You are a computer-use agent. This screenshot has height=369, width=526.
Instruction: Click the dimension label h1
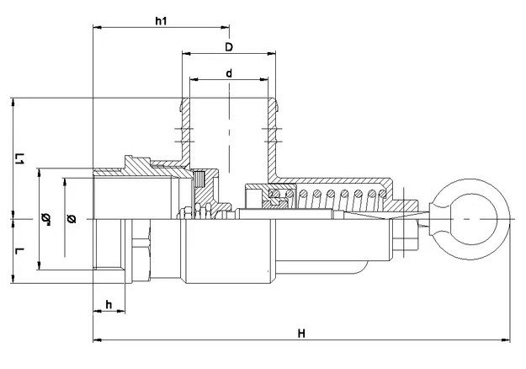161,21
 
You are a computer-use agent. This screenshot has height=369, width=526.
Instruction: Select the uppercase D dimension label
229,47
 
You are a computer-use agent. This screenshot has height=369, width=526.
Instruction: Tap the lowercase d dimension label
229,72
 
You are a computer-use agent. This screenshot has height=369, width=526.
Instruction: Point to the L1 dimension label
20,158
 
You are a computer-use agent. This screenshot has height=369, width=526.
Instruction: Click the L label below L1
20,251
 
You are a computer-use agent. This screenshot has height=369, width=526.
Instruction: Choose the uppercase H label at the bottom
301,334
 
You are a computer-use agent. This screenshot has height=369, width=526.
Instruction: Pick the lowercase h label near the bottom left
109,304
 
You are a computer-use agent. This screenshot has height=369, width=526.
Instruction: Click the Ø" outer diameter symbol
45,219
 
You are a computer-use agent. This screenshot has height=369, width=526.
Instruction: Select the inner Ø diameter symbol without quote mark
72,218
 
